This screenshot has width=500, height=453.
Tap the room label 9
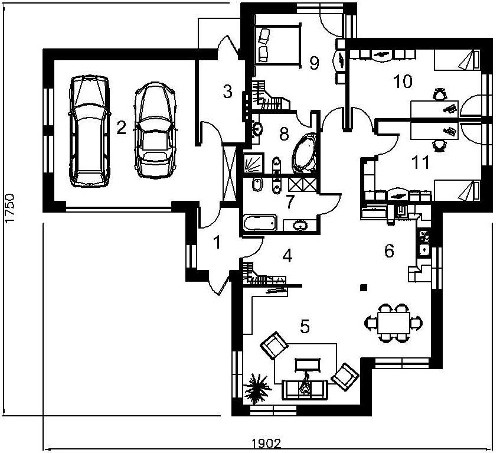click(x=314, y=63)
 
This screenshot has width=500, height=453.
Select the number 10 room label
click(x=403, y=81)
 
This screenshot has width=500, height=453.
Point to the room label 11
click(x=421, y=162)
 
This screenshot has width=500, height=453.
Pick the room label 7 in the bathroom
click(x=289, y=201)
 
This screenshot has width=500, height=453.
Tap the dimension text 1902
click(x=266, y=444)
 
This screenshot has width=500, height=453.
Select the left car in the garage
click(x=89, y=131)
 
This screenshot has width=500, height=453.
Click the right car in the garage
click(x=155, y=130)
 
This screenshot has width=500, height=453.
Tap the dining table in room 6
click(x=393, y=323)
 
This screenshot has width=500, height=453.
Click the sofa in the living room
click(x=305, y=390)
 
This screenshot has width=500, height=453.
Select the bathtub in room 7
click(x=260, y=222)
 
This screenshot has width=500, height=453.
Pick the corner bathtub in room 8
click(x=304, y=154)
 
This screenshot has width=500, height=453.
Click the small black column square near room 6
click(x=363, y=288)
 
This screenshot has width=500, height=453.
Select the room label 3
click(x=227, y=92)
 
